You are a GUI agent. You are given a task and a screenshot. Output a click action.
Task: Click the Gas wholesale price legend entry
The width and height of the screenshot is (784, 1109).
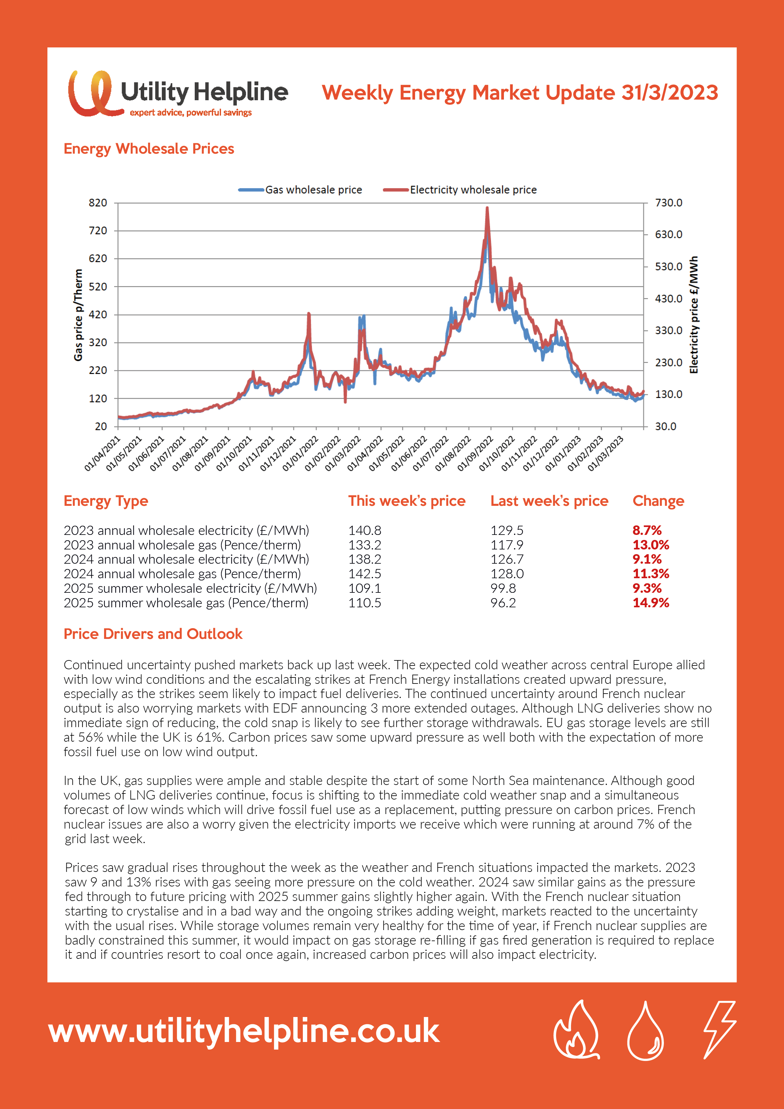[300, 190]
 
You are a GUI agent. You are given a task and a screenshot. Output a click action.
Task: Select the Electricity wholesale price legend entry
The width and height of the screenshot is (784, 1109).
[460, 190]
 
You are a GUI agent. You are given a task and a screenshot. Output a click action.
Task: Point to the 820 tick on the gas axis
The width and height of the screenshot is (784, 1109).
[98, 203]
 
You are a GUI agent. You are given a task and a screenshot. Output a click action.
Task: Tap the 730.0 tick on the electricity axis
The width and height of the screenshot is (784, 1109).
[669, 203]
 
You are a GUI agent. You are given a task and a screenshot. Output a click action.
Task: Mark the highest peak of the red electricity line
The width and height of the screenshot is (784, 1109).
[487, 208]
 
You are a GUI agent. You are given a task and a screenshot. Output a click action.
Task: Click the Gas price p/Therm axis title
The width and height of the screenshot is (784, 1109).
[78, 315]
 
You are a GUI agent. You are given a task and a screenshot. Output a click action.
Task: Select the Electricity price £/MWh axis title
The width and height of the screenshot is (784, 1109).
[694, 315]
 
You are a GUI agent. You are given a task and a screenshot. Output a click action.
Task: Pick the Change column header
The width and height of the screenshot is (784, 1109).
[658, 501]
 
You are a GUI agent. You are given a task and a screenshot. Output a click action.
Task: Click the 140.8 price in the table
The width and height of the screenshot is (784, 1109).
[365, 530]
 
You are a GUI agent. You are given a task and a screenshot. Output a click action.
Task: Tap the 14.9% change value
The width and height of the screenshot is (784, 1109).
[651, 603]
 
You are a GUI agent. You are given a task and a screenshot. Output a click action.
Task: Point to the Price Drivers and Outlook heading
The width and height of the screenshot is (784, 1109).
[153, 634]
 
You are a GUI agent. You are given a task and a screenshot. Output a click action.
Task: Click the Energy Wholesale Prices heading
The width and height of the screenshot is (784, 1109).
[149, 149]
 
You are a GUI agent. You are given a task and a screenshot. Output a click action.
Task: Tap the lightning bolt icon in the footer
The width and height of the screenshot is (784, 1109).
[719, 1029]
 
